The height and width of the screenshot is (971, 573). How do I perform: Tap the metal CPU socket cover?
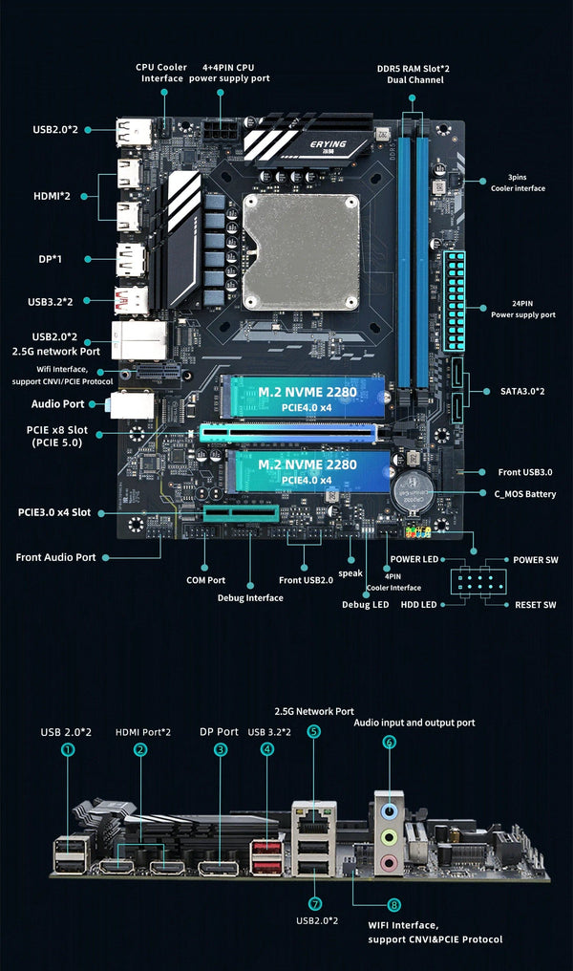click(301, 257)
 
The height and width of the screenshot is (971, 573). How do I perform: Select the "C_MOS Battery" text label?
click(524, 494)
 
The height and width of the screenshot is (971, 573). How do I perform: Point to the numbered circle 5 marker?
click(315, 731)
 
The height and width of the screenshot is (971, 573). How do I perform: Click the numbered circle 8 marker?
click(393, 904)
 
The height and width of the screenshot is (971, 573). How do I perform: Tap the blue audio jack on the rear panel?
click(390, 808)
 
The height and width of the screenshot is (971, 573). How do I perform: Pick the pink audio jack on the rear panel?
click(390, 863)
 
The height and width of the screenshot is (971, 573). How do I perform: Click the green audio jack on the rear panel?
click(390, 835)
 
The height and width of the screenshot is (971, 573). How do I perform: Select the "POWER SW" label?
click(535, 560)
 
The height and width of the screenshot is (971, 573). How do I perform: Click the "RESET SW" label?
click(535, 605)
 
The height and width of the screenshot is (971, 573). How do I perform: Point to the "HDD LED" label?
click(418, 605)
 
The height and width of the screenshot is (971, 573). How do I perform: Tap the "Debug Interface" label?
click(250, 597)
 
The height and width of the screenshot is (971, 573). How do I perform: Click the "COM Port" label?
click(205, 580)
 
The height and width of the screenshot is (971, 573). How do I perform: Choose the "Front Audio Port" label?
click(55, 557)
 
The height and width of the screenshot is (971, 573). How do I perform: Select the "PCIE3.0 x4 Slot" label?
click(54, 512)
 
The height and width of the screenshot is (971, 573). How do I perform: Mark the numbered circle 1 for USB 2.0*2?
click(67, 750)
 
